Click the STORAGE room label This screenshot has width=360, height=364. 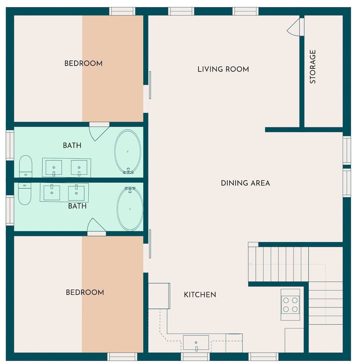click(x=313, y=67)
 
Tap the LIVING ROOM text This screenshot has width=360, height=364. click(x=223, y=69)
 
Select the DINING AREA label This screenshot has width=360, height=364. click(x=245, y=183)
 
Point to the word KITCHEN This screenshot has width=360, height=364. click(x=200, y=294)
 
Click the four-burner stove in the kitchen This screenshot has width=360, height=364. click(x=290, y=305)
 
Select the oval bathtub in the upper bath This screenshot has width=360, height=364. click(x=128, y=151)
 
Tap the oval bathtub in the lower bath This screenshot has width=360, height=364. click(x=130, y=209)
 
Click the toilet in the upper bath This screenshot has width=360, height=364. click(x=25, y=166)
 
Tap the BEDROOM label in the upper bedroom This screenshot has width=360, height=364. click(x=83, y=63)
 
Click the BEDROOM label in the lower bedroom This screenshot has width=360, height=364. click(x=85, y=292)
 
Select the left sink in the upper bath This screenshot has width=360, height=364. click(x=53, y=168)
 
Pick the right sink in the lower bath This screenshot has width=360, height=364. click(x=76, y=193)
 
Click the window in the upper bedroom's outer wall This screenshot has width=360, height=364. click(x=122, y=11)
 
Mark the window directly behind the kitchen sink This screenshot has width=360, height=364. click(x=195, y=356)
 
